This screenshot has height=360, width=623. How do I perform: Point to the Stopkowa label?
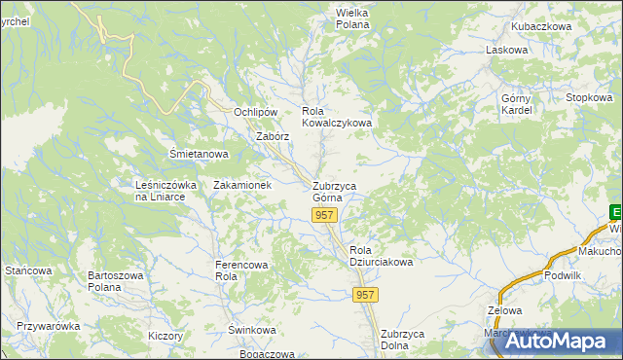pyautogui.click(x=589, y=97)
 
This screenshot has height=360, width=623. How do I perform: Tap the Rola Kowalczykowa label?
pyautogui.click(x=337, y=118)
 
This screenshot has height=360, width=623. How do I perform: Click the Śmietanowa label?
pyautogui.click(x=199, y=154)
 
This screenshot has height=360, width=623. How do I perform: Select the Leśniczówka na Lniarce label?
pyautogui.click(x=166, y=190)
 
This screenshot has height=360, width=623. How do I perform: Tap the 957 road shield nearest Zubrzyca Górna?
pyautogui.click(x=326, y=215)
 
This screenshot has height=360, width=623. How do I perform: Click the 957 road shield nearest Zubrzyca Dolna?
pyautogui.click(x=365, y=295)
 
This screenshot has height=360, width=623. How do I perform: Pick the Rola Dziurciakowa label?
pyautogui.click(x=382, y=256)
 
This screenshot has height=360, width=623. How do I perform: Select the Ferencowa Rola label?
pyautogui.click(x=239, y=269)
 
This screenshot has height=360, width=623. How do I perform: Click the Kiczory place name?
pyautogui.click(x=165, y=336)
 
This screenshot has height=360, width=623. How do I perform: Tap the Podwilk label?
pyautogui.click(x=563, y=275)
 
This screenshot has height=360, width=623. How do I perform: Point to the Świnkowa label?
pyautogui.click(x=252, y=330)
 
